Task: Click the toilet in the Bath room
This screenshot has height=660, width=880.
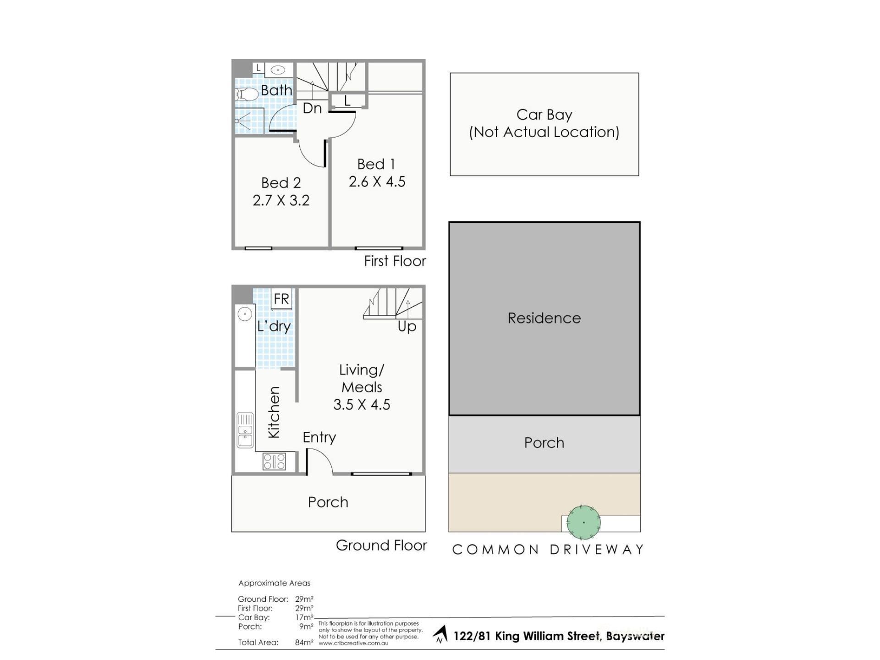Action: click(x=247, y=94)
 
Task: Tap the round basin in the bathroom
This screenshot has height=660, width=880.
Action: click(x=278, y=70)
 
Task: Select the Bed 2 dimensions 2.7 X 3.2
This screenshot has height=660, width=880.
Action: click(x=281, y=200)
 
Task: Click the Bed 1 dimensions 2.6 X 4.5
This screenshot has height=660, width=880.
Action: click(x=377, y=181)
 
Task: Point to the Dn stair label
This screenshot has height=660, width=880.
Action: click(x=312, y=108)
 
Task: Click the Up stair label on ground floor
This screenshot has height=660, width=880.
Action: click(x=407, y=327)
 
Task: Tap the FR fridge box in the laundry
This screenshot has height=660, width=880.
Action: click(x=281, y=299)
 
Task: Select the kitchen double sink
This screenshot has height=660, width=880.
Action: click(x=245, y=430)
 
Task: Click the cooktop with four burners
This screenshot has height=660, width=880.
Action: click(x=274, y=461)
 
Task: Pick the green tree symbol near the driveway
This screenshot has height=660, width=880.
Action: click(x=583, y=522)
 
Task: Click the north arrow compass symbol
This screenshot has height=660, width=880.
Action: click(x=440, y=635)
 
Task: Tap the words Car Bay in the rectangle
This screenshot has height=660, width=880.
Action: click(x=544, y=115)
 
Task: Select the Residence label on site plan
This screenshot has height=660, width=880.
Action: click(x=544, y=318)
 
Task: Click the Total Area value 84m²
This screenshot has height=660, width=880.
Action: click(x=304, y=643)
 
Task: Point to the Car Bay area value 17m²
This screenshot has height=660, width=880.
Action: click(x=304, y=617)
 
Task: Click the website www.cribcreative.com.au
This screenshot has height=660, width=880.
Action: click(x=353, y=643)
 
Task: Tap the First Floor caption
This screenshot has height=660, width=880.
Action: click(x=395, y=261)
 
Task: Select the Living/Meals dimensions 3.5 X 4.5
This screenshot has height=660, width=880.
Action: click(x=362, y=405)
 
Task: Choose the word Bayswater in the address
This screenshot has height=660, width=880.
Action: click(x=635, y=636)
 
